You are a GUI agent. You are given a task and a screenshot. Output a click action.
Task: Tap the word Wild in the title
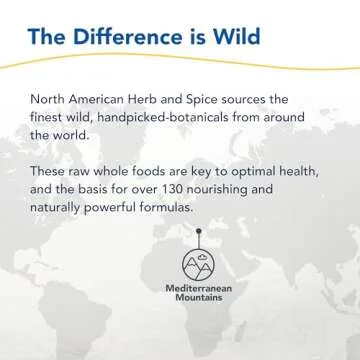[237, 39]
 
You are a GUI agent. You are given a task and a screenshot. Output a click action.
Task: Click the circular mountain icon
[196, 263]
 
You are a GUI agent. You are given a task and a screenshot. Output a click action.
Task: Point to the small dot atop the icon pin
[196, 230]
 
